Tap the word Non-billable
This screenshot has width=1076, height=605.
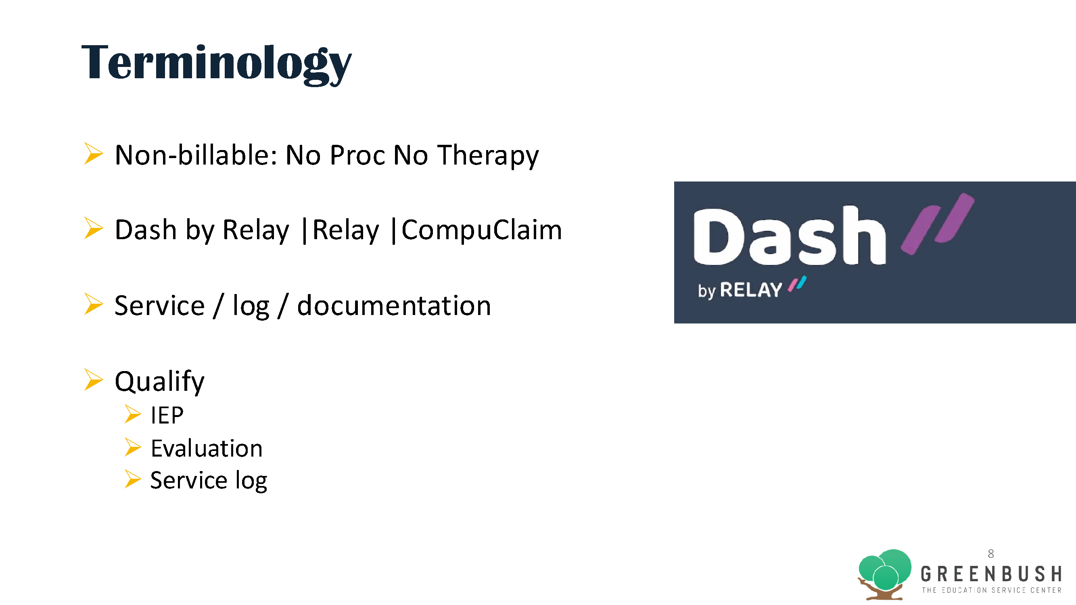[196, 155]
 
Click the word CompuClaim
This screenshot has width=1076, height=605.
[482, 230]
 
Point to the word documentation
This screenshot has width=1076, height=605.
[394, 306]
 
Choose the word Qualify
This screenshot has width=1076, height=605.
[159, 381]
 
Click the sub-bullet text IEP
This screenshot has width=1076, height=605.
[167, 415]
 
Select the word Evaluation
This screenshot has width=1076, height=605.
[207, 449]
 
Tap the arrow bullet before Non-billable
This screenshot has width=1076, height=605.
[93, 154]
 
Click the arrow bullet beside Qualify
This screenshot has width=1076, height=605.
[93, 380]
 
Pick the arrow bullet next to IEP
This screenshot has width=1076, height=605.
[132, 414]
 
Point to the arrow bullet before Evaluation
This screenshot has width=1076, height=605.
[132, 447]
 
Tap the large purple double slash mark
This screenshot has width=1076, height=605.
[937, 223]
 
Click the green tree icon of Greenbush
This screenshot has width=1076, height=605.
[884, 574]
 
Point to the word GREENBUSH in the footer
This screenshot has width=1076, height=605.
[991, 574]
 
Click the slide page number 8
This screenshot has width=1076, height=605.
[991, 554]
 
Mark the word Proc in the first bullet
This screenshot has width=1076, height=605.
[357, 155]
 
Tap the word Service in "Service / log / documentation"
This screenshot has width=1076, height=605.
[159, 306]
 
